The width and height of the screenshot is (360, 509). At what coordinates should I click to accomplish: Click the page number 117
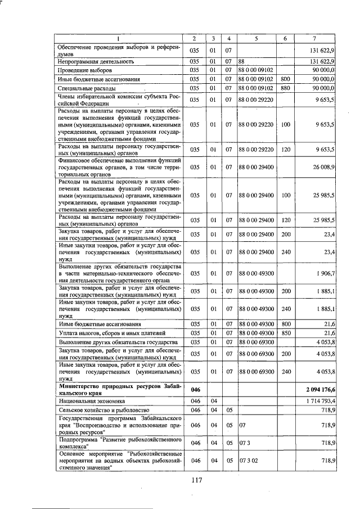(x=196, y=480)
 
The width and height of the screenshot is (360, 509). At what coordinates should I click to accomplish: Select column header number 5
(x=256, y=38)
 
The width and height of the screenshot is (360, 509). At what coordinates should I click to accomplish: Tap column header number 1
(x=118, y=38)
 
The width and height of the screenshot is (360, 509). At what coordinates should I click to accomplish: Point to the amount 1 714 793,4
(x=320, y=400)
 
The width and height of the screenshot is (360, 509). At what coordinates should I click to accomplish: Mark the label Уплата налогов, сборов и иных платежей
(x=109, y=334)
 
